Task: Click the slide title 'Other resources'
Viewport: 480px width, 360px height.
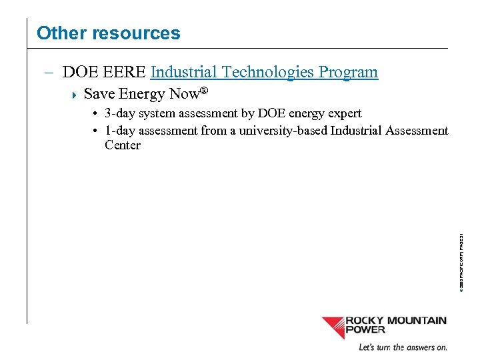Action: coord(108,33)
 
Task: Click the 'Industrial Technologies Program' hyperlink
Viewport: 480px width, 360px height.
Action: coord(265,72)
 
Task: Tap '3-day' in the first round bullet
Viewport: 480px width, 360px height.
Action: coord(120,113)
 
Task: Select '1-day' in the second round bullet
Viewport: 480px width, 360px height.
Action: coord(120,131)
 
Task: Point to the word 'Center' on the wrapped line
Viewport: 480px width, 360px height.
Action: coord(123,145)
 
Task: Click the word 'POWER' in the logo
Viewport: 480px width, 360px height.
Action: coord(365,329)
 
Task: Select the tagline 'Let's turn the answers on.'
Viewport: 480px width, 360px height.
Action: coord(403,347)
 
